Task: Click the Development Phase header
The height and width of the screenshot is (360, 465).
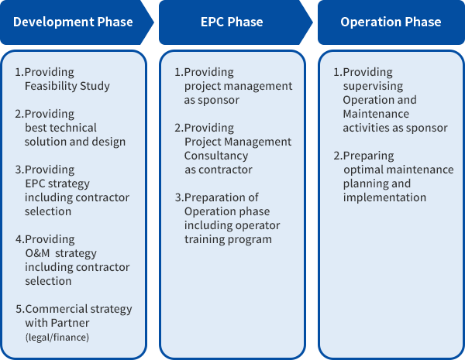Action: point(73,22)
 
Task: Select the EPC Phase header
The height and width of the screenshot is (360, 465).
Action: point(232,22)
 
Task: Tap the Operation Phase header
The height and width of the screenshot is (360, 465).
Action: point(391,22)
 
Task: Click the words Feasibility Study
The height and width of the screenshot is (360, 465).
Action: point(67,86)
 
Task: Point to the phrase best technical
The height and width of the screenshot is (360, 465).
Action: point(61,128)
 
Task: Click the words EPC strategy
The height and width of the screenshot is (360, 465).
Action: point(57,183)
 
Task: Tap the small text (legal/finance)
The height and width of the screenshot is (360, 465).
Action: point(56,337)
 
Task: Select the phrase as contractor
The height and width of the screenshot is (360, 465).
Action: point(219,170)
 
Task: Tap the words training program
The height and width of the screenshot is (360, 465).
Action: point(228,239)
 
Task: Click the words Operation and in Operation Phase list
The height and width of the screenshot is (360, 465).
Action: point(380,100)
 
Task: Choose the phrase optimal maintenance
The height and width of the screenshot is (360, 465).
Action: point(398,170)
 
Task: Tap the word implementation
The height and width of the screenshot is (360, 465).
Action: point(384,197)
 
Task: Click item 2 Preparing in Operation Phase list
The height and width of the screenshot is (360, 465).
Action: point(363,156)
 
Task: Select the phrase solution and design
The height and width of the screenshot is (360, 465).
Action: point(75,142)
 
